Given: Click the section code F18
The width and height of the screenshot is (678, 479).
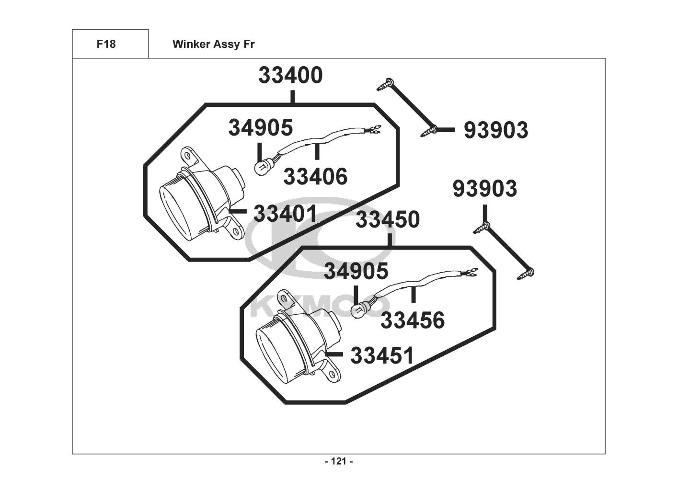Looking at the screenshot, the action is click(106, 45).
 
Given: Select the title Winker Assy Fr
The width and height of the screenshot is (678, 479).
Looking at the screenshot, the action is click(213, 45).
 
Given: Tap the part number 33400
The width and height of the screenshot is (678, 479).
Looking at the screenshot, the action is click(291, 76).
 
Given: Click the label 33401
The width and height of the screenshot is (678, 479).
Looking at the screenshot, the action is click(286, 214).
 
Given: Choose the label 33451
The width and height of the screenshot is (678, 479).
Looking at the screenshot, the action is click(382, 356).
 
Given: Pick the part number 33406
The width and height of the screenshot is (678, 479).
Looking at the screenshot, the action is click(315, 177).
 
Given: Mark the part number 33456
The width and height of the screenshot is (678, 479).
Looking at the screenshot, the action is click(413, 320).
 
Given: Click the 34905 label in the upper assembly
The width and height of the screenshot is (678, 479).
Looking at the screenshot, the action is click(260, 128).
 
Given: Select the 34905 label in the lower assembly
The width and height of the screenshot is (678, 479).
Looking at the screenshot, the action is click(356, 272).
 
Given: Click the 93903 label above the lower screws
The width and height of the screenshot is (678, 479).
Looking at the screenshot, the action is click(485, 189).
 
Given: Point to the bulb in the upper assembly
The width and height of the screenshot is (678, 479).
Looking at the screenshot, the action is click(261, 168).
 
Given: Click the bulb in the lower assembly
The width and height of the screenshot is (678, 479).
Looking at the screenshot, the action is click(358, 311).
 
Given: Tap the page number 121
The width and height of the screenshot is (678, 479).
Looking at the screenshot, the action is click(339, 462).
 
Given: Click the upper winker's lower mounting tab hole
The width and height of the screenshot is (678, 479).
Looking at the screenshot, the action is click(235, 231).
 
